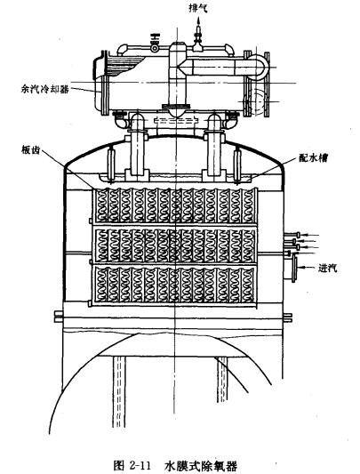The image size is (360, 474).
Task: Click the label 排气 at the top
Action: (x=198, y=9)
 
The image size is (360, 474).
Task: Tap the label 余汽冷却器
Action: (x=44, y=89)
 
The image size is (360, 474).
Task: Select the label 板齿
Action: (x=30, y=149)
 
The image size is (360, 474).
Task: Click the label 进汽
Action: (x=328, y=268)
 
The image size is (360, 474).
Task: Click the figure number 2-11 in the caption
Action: (x=139, y=464)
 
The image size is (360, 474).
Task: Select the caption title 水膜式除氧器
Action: (x=201, y=465)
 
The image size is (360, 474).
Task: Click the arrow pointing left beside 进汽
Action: (x=307, y=268)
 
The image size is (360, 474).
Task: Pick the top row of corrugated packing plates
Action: (x=175, y=205)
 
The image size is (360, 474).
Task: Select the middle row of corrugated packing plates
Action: (x=175, y=245)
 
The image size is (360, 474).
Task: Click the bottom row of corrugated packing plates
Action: (x=175, y=285)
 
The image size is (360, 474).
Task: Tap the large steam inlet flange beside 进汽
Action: (x=293, y=268)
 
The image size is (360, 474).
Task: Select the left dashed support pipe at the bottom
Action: (x=118, y=391)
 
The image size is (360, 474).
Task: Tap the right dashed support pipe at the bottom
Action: (x=223, y=380)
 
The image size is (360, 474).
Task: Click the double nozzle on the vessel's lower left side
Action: (x=59, y=317)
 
